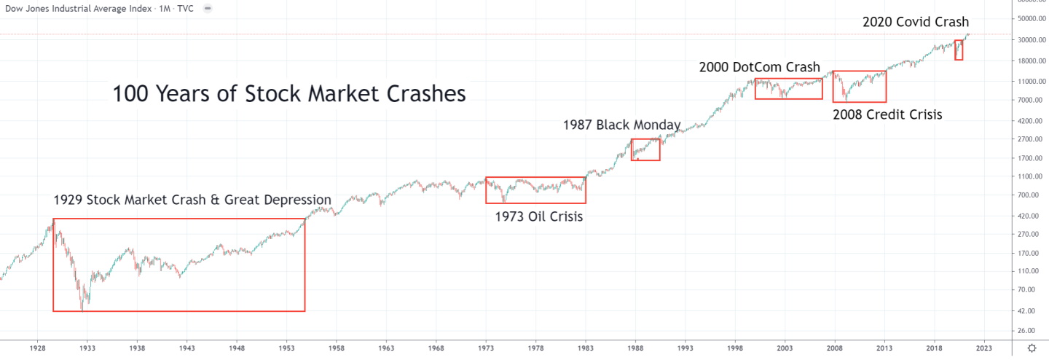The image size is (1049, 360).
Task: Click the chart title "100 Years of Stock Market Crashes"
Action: click(288, 94)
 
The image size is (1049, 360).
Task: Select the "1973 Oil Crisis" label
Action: click(538, 216)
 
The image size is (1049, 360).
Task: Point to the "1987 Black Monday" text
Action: click(621, 125)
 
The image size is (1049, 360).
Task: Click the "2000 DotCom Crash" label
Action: click(760, 67)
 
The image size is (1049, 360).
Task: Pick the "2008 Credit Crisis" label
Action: click(887, 114)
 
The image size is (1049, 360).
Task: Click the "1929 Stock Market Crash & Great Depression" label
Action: click(192, 200)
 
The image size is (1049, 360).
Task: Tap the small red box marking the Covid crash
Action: click(959, 50)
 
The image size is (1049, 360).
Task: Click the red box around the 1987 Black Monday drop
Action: click(645, 149)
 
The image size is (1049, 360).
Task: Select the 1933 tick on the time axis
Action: click(87, 348)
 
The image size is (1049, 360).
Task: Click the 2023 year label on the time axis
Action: click(983, 348)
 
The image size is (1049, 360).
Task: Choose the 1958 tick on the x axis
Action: click(337, 348)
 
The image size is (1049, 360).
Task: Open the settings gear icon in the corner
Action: click(1032, 349)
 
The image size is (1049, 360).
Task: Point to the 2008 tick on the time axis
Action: click(834, 348)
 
